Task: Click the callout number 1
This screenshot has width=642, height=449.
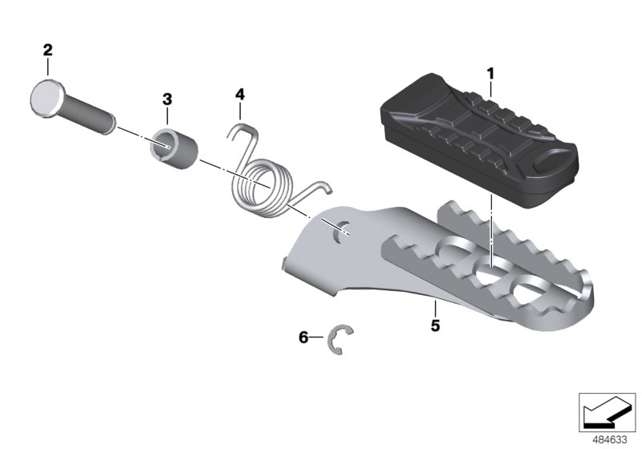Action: coord(490,75)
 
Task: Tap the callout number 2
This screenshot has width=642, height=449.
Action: coord(48,51)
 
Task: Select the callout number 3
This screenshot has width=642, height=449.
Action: coord(167,99)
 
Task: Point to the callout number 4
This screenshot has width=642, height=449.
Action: coord(240,95)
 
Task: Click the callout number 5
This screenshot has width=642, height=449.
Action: coord(435,326)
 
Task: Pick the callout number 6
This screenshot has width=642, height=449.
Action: coord(303,338)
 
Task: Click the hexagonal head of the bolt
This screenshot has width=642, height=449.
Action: coord(47,99)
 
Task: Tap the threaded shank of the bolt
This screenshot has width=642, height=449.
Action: coord(89,115)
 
